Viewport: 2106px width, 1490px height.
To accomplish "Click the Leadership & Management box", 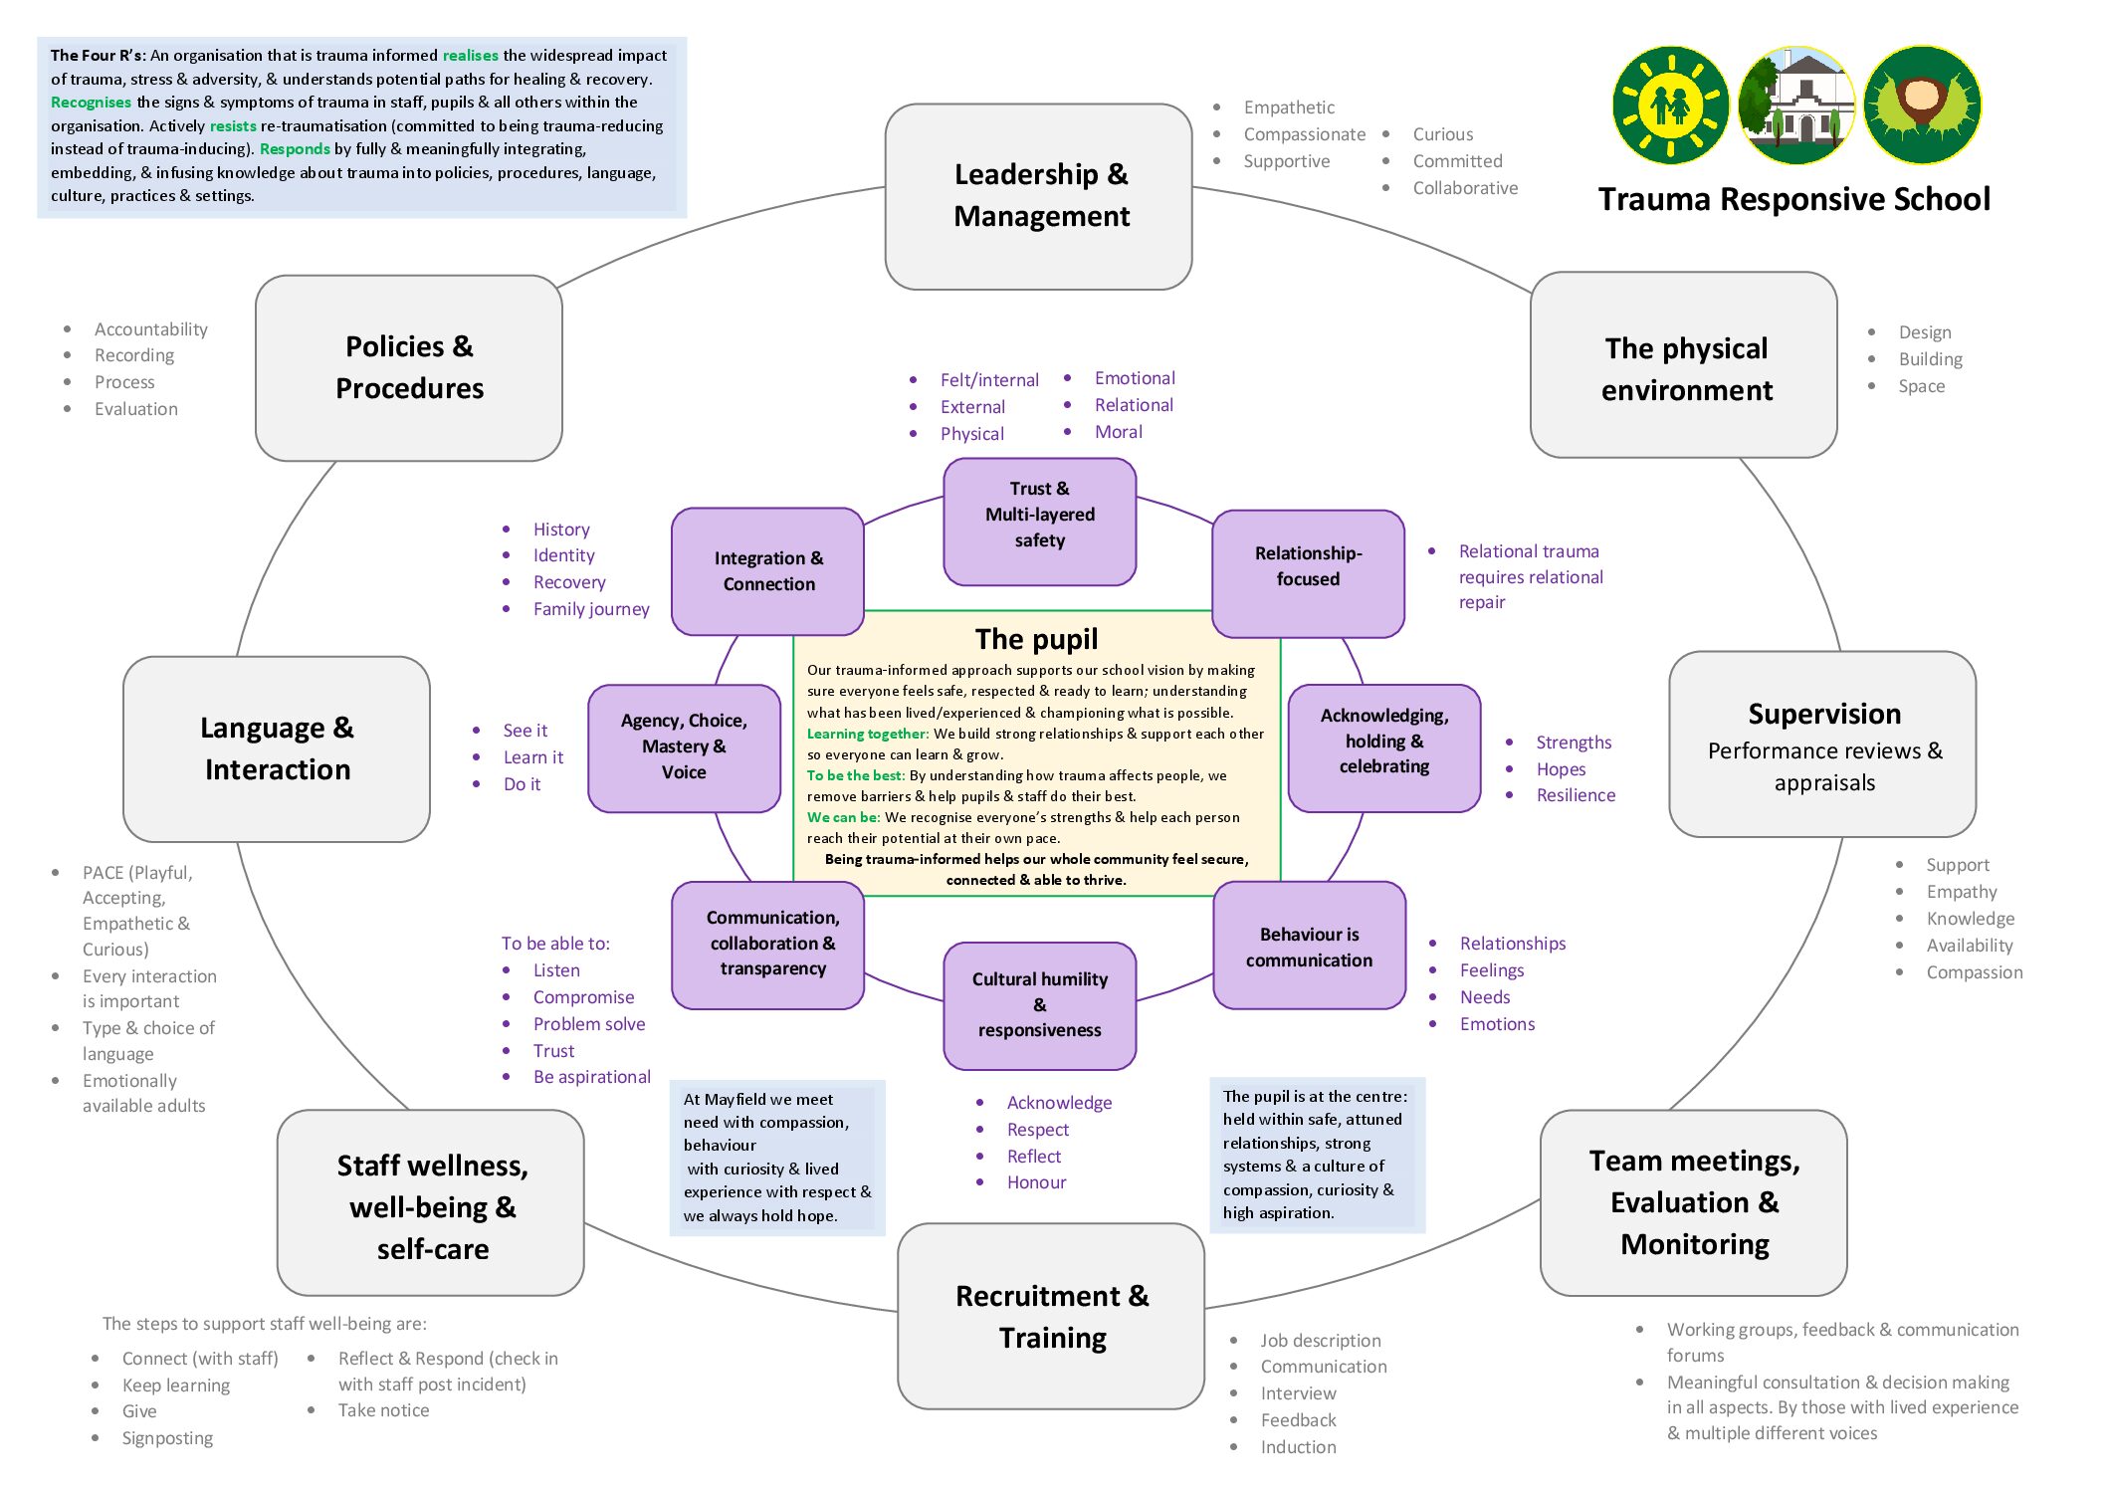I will coord(1038,196).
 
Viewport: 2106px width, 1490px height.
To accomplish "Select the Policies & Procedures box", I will coord(409,367).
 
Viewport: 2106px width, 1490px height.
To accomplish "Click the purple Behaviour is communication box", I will coord(1309,947).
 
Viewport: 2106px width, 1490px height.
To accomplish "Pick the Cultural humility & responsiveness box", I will coord(1039,1004).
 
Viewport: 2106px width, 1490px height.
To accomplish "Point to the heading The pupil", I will coord(1036,638).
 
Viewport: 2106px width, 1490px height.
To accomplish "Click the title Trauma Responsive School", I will coord(1793,199).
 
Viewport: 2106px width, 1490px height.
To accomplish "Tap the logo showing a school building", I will coord(1796,106).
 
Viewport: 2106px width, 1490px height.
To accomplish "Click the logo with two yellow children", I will coord(1671,106).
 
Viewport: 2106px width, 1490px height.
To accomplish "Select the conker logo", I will coord(1922,106).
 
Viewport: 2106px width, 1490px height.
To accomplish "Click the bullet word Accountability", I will coord(151,329).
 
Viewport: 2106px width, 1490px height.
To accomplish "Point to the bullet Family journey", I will coord(591,609).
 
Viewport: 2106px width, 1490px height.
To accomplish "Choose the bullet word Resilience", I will coord(1576,795).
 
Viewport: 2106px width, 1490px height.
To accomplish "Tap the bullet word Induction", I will coord(1298,1447).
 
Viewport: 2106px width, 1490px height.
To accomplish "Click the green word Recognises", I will coord(91,103).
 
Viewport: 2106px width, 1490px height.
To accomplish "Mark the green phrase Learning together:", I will coord(867,734).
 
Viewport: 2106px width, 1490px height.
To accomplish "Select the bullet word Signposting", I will coord(167,1438).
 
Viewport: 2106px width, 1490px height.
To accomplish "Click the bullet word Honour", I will coord(1036,1182).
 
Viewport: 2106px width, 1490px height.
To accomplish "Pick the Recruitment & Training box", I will coord(1051,1316).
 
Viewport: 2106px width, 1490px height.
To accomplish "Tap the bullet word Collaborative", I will coord(1465,188).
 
